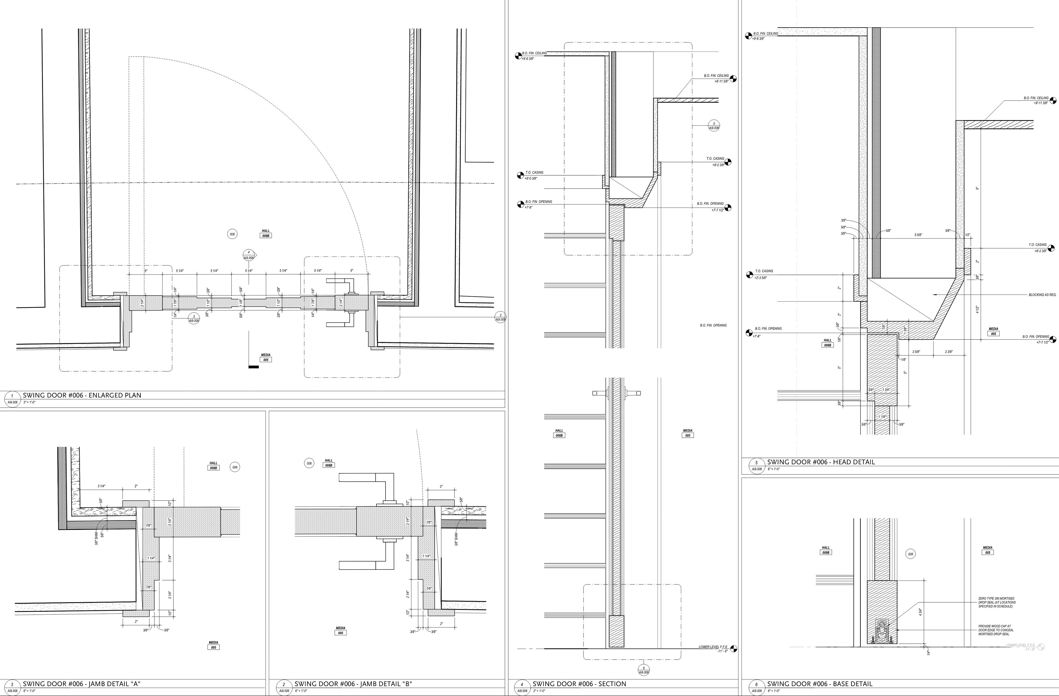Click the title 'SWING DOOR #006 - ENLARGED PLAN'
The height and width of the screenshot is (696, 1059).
[82, 395]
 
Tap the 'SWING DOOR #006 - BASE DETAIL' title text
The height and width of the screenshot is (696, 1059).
[820, 684]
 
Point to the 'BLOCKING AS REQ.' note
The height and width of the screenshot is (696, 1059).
[1042, 295]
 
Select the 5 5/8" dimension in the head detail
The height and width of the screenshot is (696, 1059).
[918, 235]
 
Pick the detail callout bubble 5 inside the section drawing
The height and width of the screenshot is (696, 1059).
[714, 125]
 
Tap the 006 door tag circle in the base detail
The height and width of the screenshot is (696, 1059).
[910, 554]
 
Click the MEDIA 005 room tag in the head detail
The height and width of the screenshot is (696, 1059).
[994, 332]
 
